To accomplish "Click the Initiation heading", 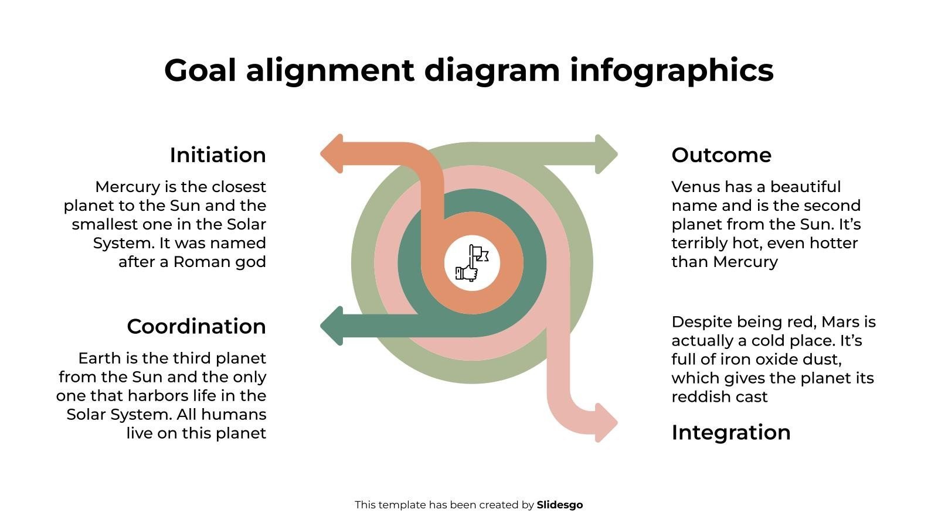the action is (217, 155).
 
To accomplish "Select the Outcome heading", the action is (721, 155).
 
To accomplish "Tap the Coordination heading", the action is (196, 326).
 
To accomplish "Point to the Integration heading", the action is (730, 433).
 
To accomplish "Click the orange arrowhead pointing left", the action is (332, 153).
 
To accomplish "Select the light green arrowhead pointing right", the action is (606, 154).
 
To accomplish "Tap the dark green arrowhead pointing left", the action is (332, 326).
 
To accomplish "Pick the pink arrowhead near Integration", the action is (606, 422).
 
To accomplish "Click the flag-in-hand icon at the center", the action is (472, 263).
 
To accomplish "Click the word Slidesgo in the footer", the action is (559, 505).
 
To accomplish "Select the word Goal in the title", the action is (200, 70).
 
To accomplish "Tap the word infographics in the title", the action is (671, 71).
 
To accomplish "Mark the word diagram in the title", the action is (492, 71).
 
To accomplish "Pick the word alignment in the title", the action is (330, 71).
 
